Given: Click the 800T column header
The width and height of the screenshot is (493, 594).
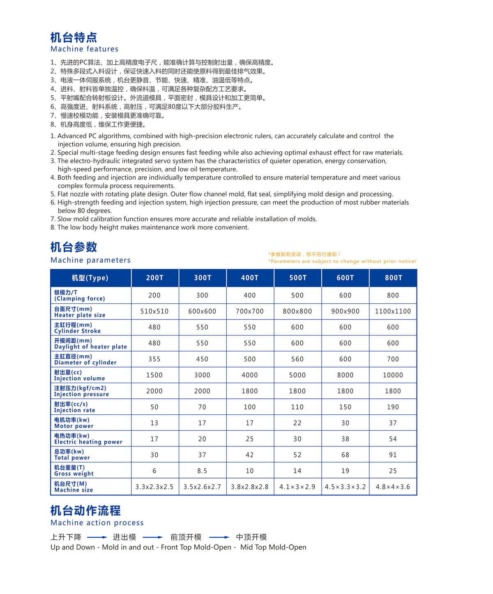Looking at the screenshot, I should click(x=393, y=278).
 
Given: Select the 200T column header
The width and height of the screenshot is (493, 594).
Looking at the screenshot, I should click(x=155, y=278).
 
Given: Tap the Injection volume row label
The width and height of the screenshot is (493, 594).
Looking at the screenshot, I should click(x=80, y=375).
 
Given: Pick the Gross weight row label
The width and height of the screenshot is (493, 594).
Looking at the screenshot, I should click(x=74, y=471).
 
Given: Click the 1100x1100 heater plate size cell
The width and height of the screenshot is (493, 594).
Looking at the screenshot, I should click(x=393, y=312).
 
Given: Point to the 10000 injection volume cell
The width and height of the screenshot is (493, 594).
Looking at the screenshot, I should click(x=393, y=375).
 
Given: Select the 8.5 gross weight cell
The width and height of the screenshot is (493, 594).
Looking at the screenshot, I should click(x=202, y=471).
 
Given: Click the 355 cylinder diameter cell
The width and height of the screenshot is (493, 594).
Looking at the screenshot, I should click(x=154, y=359).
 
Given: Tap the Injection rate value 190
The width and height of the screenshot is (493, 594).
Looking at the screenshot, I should click(x=393, y=407).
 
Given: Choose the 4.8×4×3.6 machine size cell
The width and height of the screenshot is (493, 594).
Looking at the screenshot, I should click(x=393, y=487).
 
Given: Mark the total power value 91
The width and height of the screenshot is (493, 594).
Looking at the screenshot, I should click(x=393, y=455).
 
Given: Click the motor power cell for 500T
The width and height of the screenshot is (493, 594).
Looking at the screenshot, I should click(x=297, y=423).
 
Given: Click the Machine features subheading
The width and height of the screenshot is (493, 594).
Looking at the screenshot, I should click(x=85, y=49).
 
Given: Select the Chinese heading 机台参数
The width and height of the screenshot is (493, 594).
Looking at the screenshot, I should click(x=74, y=247).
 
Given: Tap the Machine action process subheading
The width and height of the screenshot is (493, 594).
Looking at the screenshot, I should click(x=97, y=523).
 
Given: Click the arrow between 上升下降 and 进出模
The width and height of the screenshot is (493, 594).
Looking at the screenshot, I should click(x=97, y=537).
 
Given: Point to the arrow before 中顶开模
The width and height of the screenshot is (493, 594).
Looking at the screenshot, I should click(x=219, y=537).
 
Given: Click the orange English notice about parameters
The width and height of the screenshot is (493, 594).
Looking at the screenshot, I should click(x=342, y=261).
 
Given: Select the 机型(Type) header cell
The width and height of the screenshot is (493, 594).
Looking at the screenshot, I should click(x=90, y=278).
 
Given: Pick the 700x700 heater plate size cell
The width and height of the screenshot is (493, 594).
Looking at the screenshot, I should click(x=250, y=312).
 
